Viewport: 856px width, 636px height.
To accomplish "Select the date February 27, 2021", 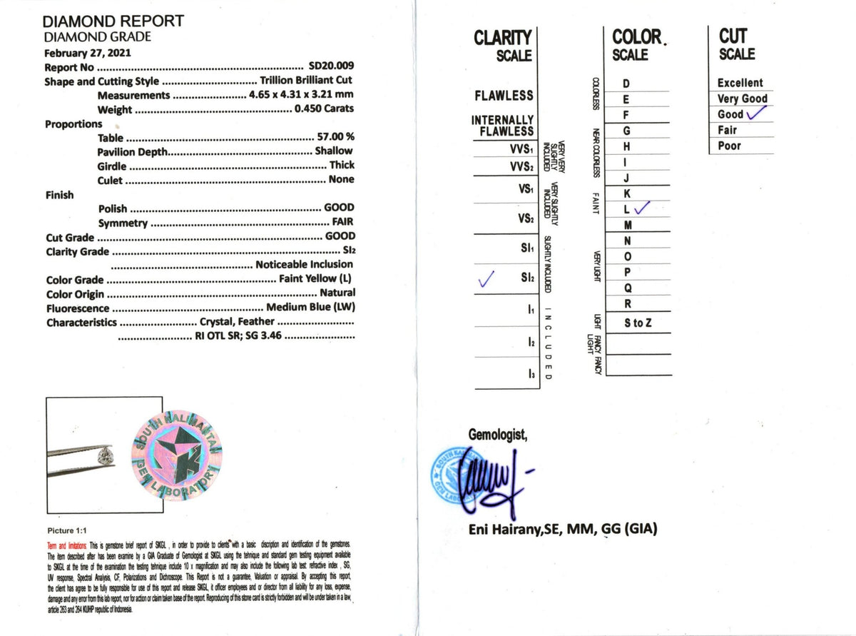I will [88, 53].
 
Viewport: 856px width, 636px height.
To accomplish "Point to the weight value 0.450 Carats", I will [324, 109].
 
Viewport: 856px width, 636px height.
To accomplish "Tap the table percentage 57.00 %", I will [335, 137].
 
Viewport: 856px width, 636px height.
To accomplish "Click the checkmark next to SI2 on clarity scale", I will [488, 281].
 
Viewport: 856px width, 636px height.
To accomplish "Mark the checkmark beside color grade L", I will [642, 208].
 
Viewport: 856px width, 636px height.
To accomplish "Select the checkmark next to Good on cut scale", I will [758, 113].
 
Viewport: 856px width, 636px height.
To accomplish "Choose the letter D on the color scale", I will [626, 84].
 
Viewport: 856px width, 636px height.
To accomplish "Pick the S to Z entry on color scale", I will [638, 323].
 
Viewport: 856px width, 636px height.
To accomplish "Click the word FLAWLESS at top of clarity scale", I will [504, 95].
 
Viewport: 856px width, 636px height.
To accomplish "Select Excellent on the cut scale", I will [740, 83].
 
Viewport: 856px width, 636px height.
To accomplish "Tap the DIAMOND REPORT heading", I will [114, 21].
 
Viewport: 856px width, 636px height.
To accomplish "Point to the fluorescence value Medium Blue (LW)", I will [310, 308].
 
